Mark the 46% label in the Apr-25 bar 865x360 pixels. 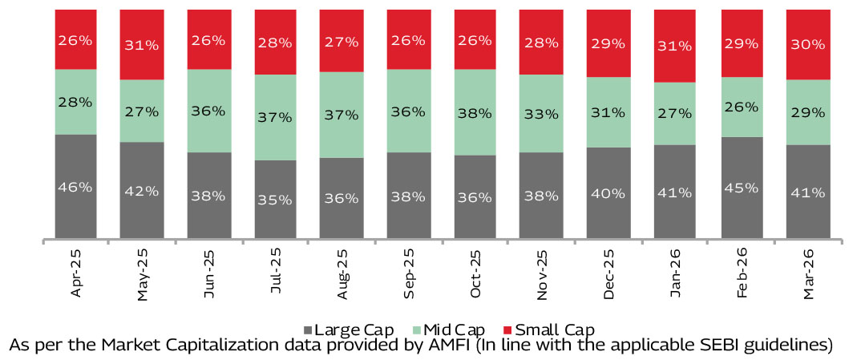pos(76,187)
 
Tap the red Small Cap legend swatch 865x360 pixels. pos(507,330)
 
